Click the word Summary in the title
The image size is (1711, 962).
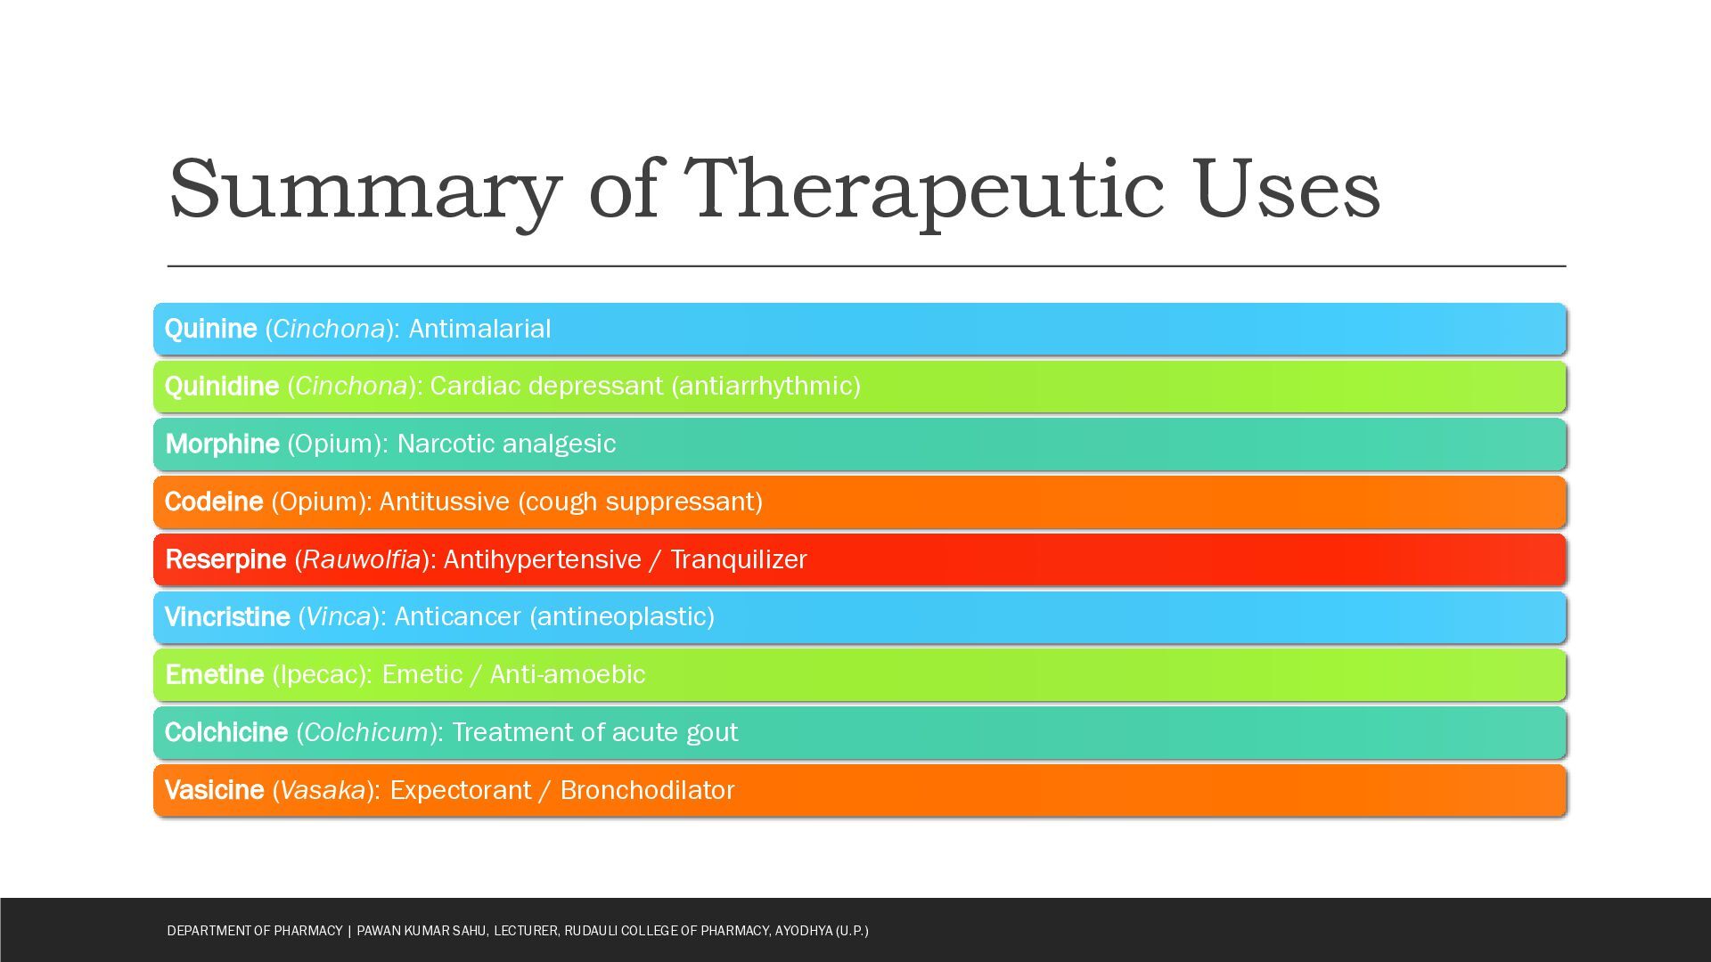365,191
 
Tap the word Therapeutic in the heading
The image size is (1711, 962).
924,191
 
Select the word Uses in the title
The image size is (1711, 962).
1287,189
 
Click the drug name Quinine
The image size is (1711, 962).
211,330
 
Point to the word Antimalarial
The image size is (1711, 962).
479,329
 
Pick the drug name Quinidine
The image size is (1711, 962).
222,387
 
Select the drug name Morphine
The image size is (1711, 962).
223,444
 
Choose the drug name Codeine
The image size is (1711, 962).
214,501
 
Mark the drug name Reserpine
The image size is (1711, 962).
225,560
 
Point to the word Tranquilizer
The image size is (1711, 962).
739,560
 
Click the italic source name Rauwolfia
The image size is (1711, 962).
362,559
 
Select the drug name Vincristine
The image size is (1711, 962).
227,617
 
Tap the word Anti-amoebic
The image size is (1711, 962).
568,674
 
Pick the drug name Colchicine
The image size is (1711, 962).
226,732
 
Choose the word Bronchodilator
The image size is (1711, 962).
648,790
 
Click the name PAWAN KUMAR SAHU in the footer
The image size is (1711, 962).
422,931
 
